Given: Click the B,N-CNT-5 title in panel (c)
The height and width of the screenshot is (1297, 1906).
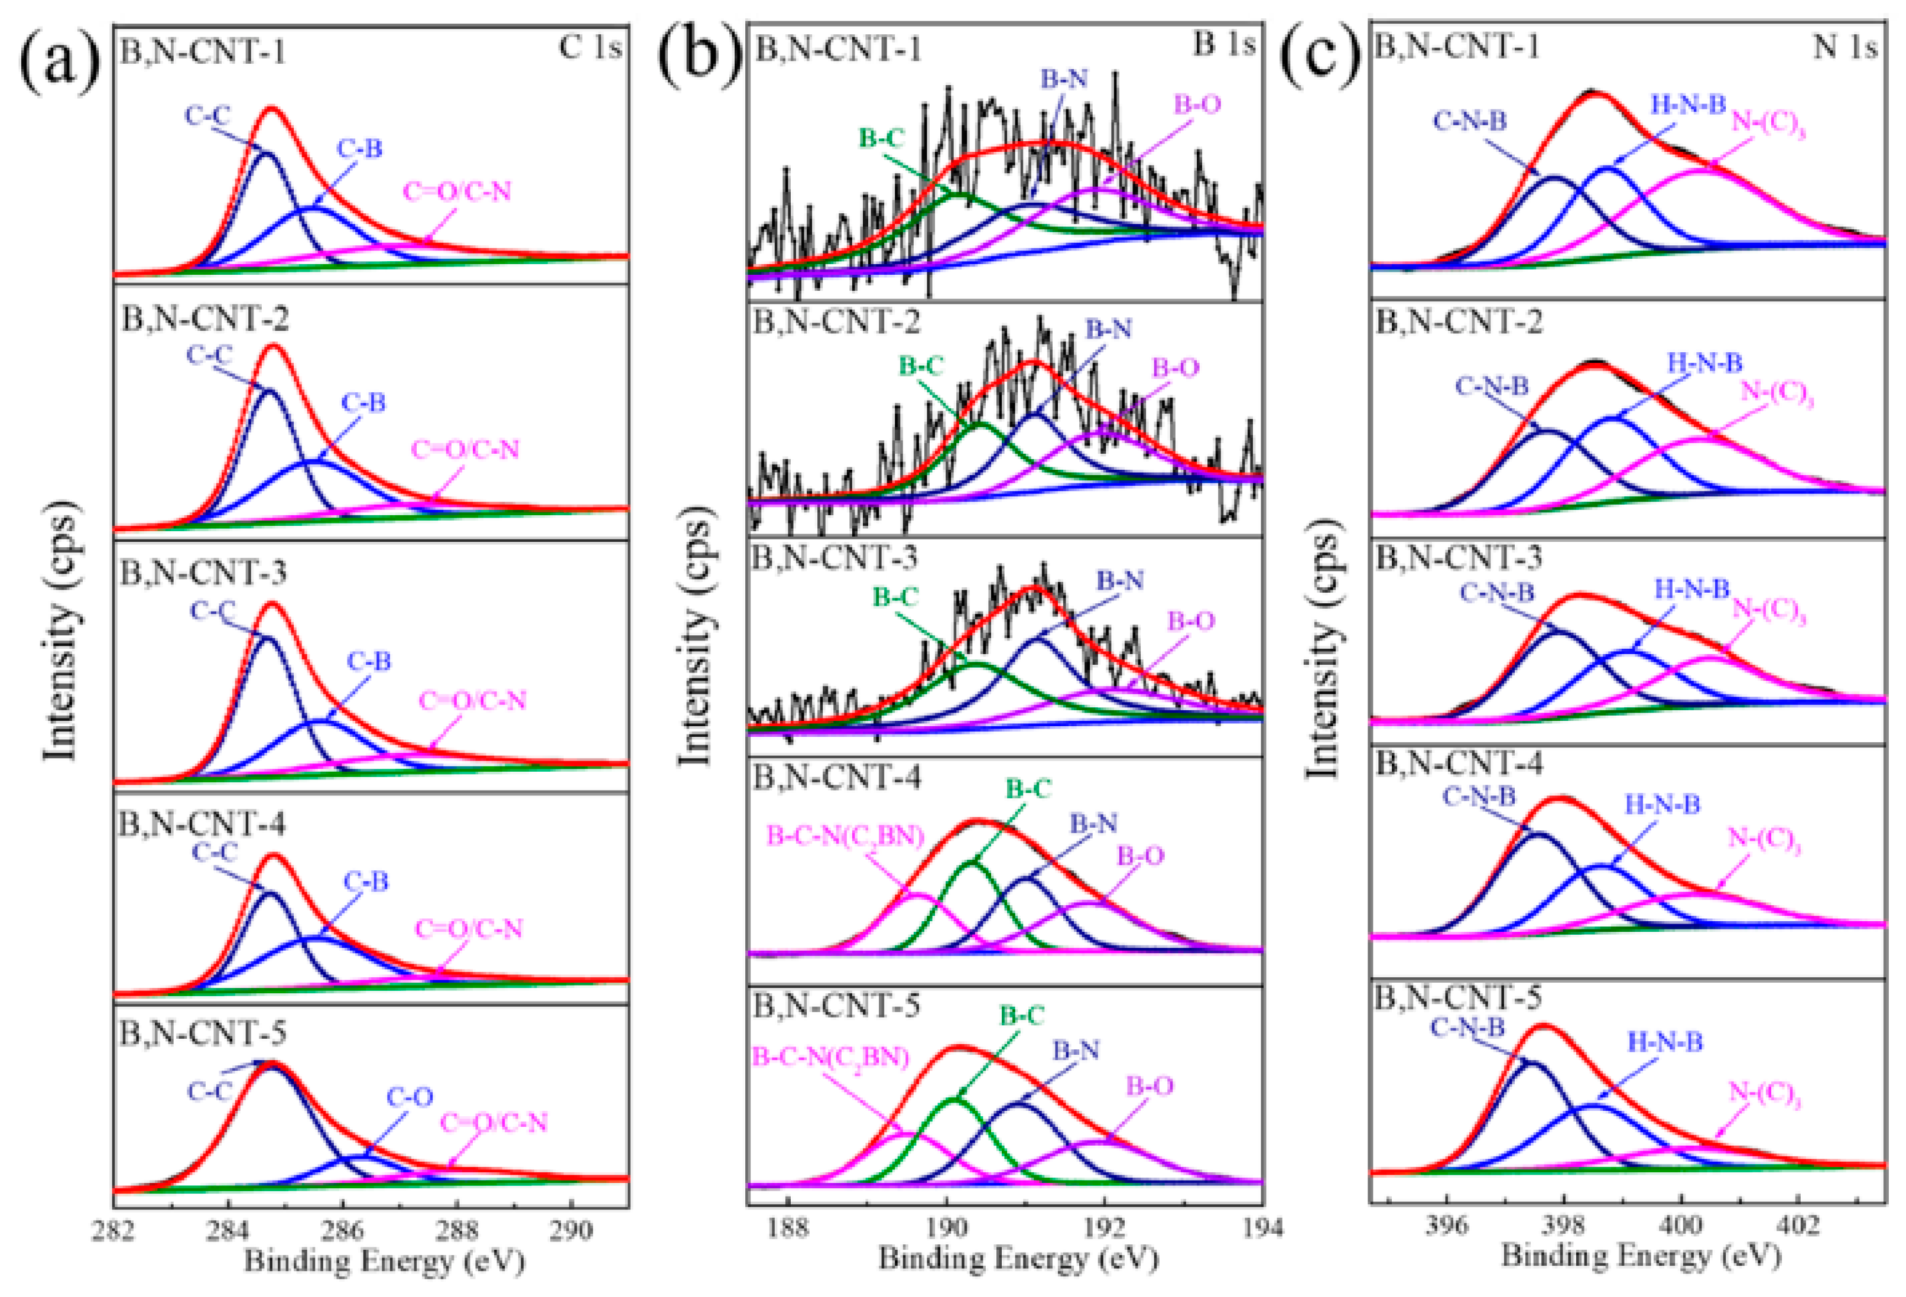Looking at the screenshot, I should (1457, 998).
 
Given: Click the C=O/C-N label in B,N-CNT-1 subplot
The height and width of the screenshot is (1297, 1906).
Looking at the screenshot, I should (457, 191).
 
